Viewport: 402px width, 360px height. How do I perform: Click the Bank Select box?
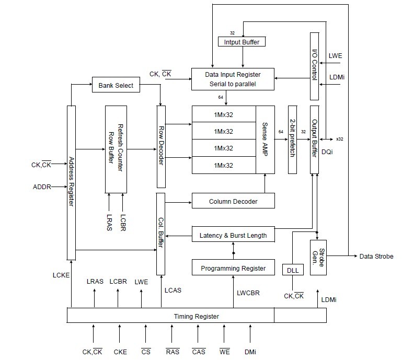(116, 85)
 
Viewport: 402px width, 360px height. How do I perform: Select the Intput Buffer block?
(242, 42)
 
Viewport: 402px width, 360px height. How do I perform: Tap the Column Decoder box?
(233, 201)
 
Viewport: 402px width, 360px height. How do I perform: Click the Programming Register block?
(233, 268)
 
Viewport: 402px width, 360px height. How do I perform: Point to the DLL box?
(293, 270)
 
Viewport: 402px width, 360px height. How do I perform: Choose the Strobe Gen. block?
(318, 258)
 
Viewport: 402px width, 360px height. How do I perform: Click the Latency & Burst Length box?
(233, 234)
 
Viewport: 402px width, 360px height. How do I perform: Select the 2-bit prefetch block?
(293, 140)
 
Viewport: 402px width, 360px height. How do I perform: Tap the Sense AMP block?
(265, 140)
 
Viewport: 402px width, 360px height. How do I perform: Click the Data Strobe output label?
(376, 256)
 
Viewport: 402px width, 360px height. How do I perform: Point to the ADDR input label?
(42, 187)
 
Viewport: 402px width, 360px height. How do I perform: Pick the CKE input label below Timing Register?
(120, 352)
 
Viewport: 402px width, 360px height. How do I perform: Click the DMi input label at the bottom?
(250, 352)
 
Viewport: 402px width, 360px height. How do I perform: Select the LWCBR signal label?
(248, 293)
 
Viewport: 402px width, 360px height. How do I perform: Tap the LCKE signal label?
(61, 275)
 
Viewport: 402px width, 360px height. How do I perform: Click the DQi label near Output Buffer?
(327, 152)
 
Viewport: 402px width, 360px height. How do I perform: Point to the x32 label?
(340, 139)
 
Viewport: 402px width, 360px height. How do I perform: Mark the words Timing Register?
(197, 317)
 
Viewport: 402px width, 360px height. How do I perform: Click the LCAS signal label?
(173, 291)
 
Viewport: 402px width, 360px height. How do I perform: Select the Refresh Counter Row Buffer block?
(116, 149)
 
